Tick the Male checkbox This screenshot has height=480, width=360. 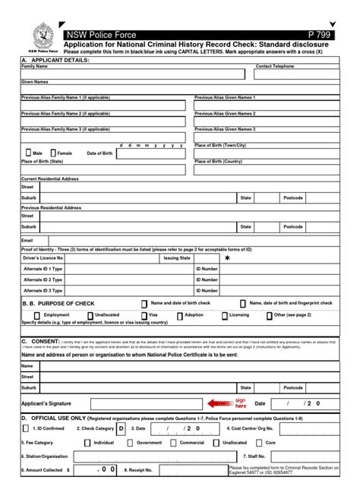click(x=27, y=153)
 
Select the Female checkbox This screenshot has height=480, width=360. click(x=52, y=153)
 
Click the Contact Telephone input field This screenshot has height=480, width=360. click(x=295, y=74)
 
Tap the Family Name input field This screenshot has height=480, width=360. click(x=133, y=74)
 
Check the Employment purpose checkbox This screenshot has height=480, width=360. click(x=37, y=314)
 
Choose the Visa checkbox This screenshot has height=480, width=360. click(x=144, y=314)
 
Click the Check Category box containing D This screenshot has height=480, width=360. click(x=121, y=428)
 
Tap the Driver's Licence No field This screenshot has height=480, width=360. click(x=106, y=258)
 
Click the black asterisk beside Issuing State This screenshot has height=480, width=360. click(x=226, y=258)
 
